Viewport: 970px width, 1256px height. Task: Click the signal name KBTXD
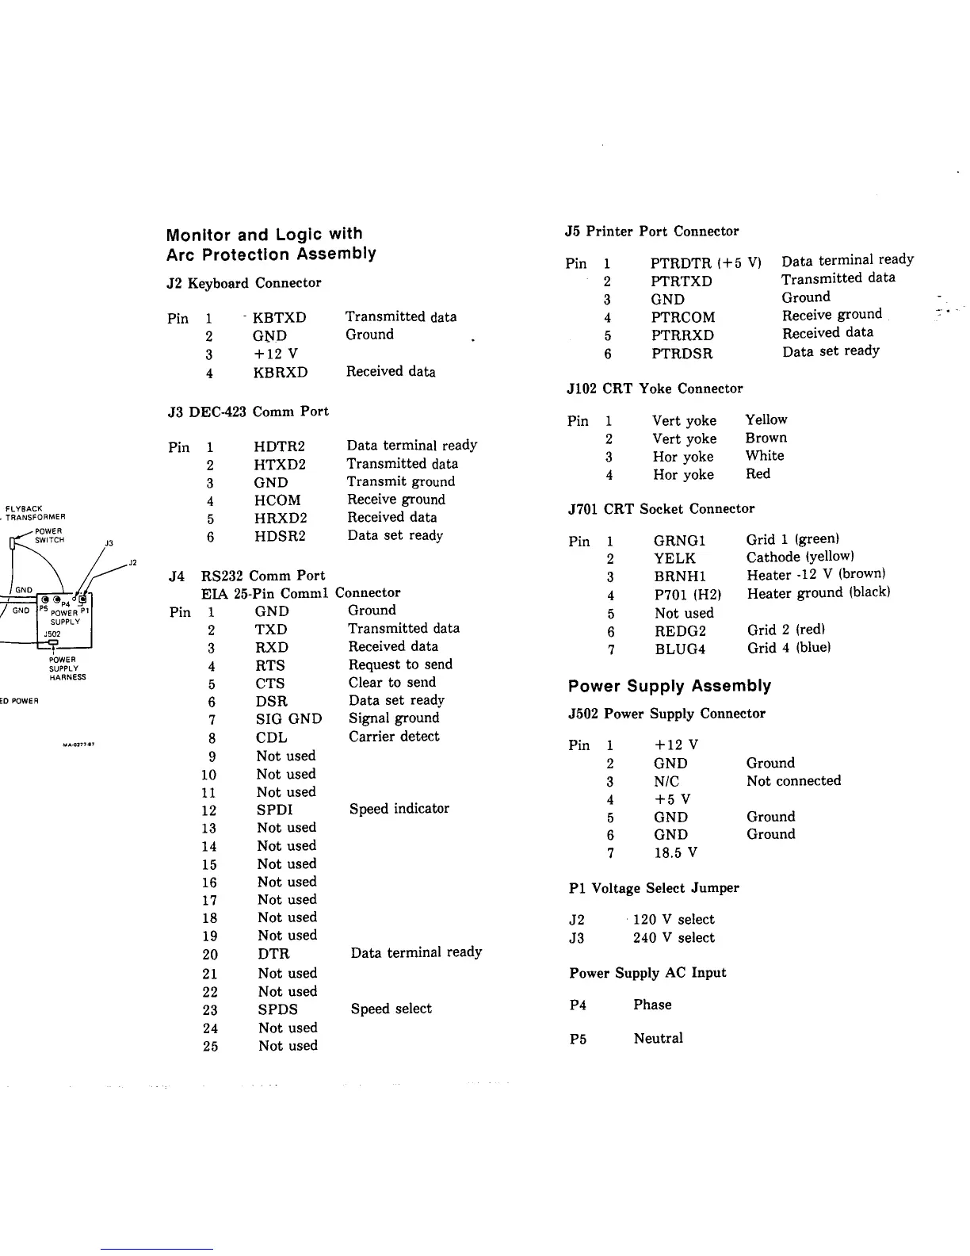[279, 318]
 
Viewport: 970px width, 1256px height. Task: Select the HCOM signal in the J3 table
[277, 500]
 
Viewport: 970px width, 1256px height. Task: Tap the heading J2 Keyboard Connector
[244, 283]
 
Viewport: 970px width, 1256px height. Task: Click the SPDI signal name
[274, 810]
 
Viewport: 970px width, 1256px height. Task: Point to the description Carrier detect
[394, 737]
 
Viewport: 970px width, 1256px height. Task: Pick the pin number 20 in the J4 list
[210, 955]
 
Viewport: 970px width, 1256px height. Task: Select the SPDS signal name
[277, 1009]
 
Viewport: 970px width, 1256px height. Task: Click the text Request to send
[400, 664]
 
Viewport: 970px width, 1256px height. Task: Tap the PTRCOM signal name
[682, 317]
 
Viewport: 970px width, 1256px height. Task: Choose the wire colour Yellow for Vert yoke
[766, 419]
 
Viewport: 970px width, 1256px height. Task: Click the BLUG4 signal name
[679, 649]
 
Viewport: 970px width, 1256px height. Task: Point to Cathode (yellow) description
[800, 557]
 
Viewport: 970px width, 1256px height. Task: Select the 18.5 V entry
[675, 853]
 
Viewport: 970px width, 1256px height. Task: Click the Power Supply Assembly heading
[670, 686]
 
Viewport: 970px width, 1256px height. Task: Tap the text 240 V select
[674, 938]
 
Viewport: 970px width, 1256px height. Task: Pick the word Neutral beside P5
[658, 1039]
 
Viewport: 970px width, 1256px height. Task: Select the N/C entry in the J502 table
[666, 781]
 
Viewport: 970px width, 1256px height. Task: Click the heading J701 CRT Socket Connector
[661, 509]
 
